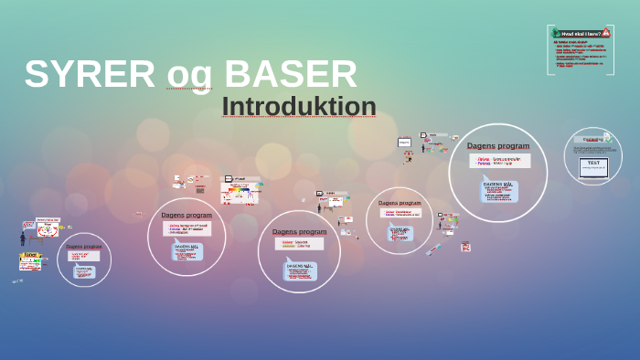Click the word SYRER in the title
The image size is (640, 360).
(90, 75)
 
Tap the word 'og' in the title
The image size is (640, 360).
(189, 75)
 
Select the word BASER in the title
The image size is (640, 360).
(290, 75)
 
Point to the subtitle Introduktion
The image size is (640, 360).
(299, 107)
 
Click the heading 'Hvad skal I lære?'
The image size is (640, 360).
(581, 34)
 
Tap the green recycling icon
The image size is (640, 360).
(556, 34)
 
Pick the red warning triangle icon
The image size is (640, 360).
(606, 33)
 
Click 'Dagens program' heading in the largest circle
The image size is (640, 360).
(498, 145)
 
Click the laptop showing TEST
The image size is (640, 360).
(593, 166)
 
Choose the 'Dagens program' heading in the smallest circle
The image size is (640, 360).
(84, 247)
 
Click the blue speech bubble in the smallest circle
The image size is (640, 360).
(84, 271)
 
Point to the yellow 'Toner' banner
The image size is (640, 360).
(30, 256)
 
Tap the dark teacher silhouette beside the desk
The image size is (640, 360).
(23, 238)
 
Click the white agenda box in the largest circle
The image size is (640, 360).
(498, 161)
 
